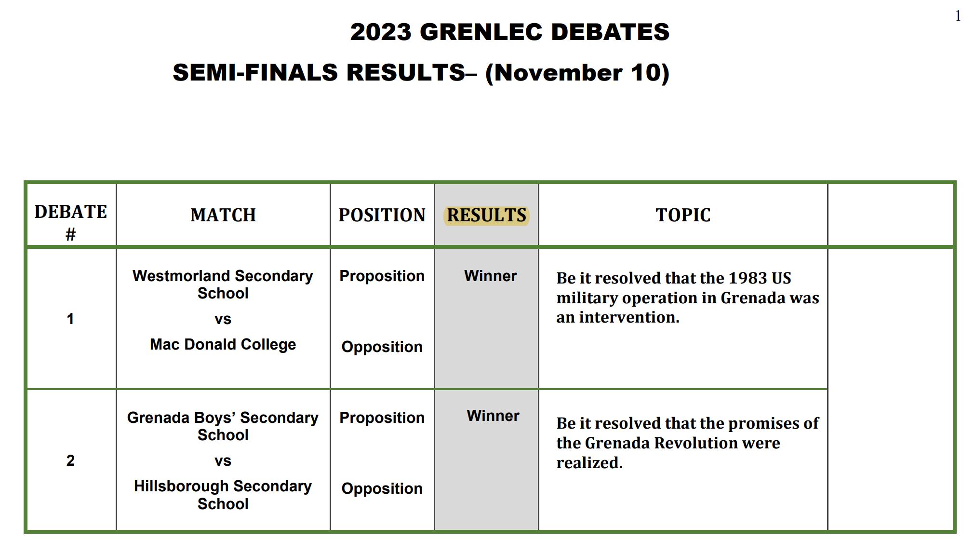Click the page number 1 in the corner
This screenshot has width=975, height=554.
point(958,16)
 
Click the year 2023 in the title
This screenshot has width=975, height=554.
point(381,32)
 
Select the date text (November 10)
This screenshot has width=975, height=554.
point(577,73)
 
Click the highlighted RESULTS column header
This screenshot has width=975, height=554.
point(486,215)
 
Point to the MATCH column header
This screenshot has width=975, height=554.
point(223,215)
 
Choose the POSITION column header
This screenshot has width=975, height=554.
point(382,215)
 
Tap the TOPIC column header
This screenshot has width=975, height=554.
point(683,215)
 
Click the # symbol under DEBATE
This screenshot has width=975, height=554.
point(70,235)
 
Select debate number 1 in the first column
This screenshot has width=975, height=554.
point(70,319)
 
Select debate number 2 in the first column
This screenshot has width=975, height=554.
point(70,460)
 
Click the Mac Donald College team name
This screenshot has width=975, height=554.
point(223,344)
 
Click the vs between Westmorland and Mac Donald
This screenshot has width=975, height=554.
point(223,319)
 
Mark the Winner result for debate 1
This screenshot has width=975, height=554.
point(490,276)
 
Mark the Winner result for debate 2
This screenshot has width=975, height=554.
point(493,416)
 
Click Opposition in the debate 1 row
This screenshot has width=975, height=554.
point(382,347)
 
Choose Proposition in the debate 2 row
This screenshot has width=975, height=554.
point(382,418)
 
